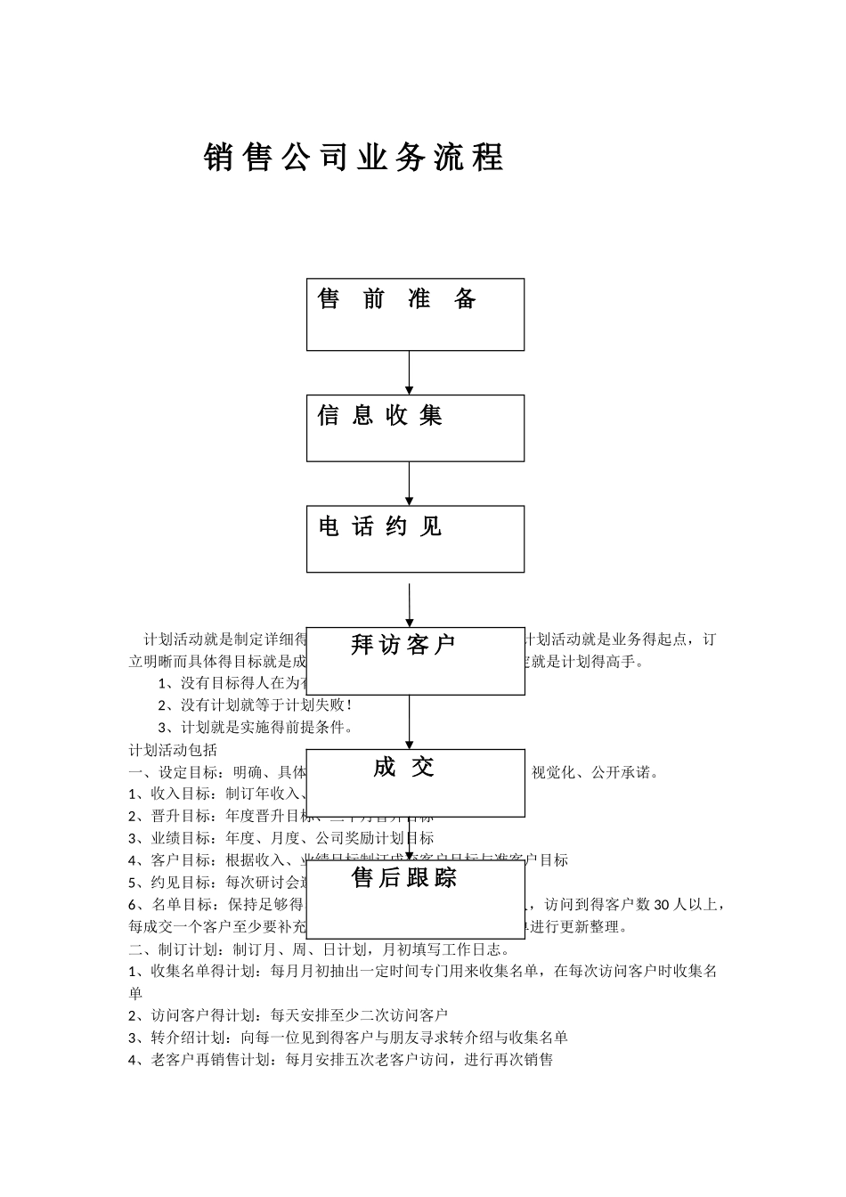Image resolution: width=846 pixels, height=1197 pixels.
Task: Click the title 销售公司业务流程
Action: [354, 158]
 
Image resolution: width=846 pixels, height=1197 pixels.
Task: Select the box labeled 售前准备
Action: [415, 314]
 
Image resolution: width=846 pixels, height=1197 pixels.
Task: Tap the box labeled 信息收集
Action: [415, 428]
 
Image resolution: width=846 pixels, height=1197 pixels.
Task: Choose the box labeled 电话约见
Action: [415, 539]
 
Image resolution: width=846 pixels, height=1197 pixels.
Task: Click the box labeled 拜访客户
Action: [415, 661]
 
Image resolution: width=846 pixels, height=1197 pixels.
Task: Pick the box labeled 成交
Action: [415, 783]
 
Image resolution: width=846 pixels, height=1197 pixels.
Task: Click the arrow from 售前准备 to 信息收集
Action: [410, 372]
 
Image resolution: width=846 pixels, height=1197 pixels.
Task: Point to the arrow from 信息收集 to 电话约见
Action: [410, 484]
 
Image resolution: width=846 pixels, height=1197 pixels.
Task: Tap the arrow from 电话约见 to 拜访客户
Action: [410, 606]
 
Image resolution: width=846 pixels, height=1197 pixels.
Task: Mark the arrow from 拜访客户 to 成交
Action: [410, 721]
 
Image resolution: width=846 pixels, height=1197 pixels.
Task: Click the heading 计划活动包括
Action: [173, 749]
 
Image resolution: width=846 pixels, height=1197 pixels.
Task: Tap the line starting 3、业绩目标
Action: [281, 838]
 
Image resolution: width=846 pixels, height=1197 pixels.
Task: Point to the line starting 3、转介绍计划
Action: [348, 1037]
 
